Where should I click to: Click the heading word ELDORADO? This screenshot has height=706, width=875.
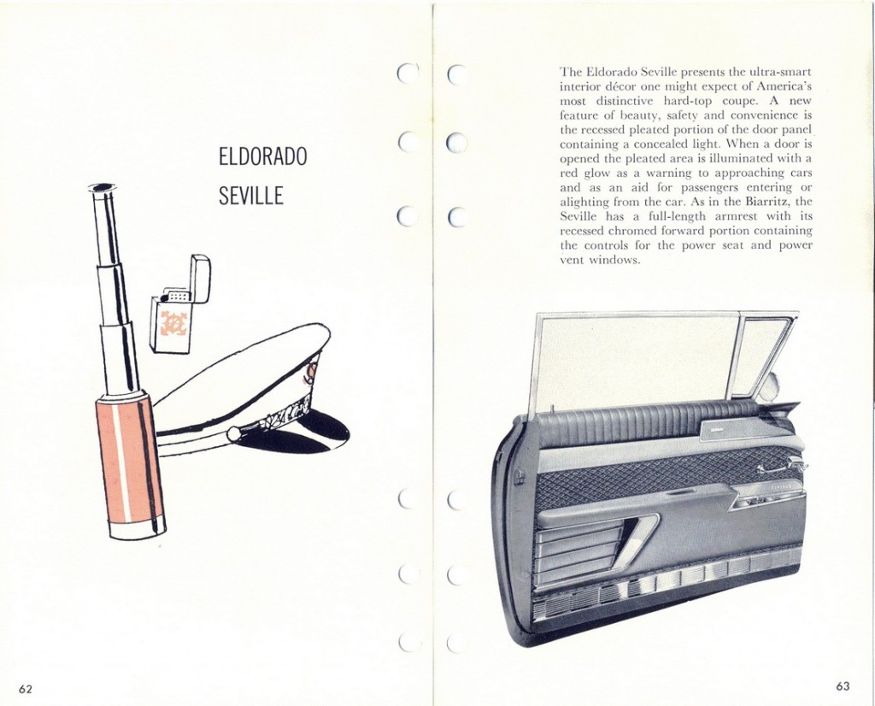(262, 156)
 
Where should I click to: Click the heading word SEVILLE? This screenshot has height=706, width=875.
(250, 196)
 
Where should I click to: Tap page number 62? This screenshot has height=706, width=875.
(25, 689)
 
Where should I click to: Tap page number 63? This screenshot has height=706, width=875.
(843, 685)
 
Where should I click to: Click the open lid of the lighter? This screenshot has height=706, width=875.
(200, 278)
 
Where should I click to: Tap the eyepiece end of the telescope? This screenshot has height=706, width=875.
(103, 187)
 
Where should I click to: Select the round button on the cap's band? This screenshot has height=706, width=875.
(234, 433)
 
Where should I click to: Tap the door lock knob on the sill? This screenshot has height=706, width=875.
(551, 409)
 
